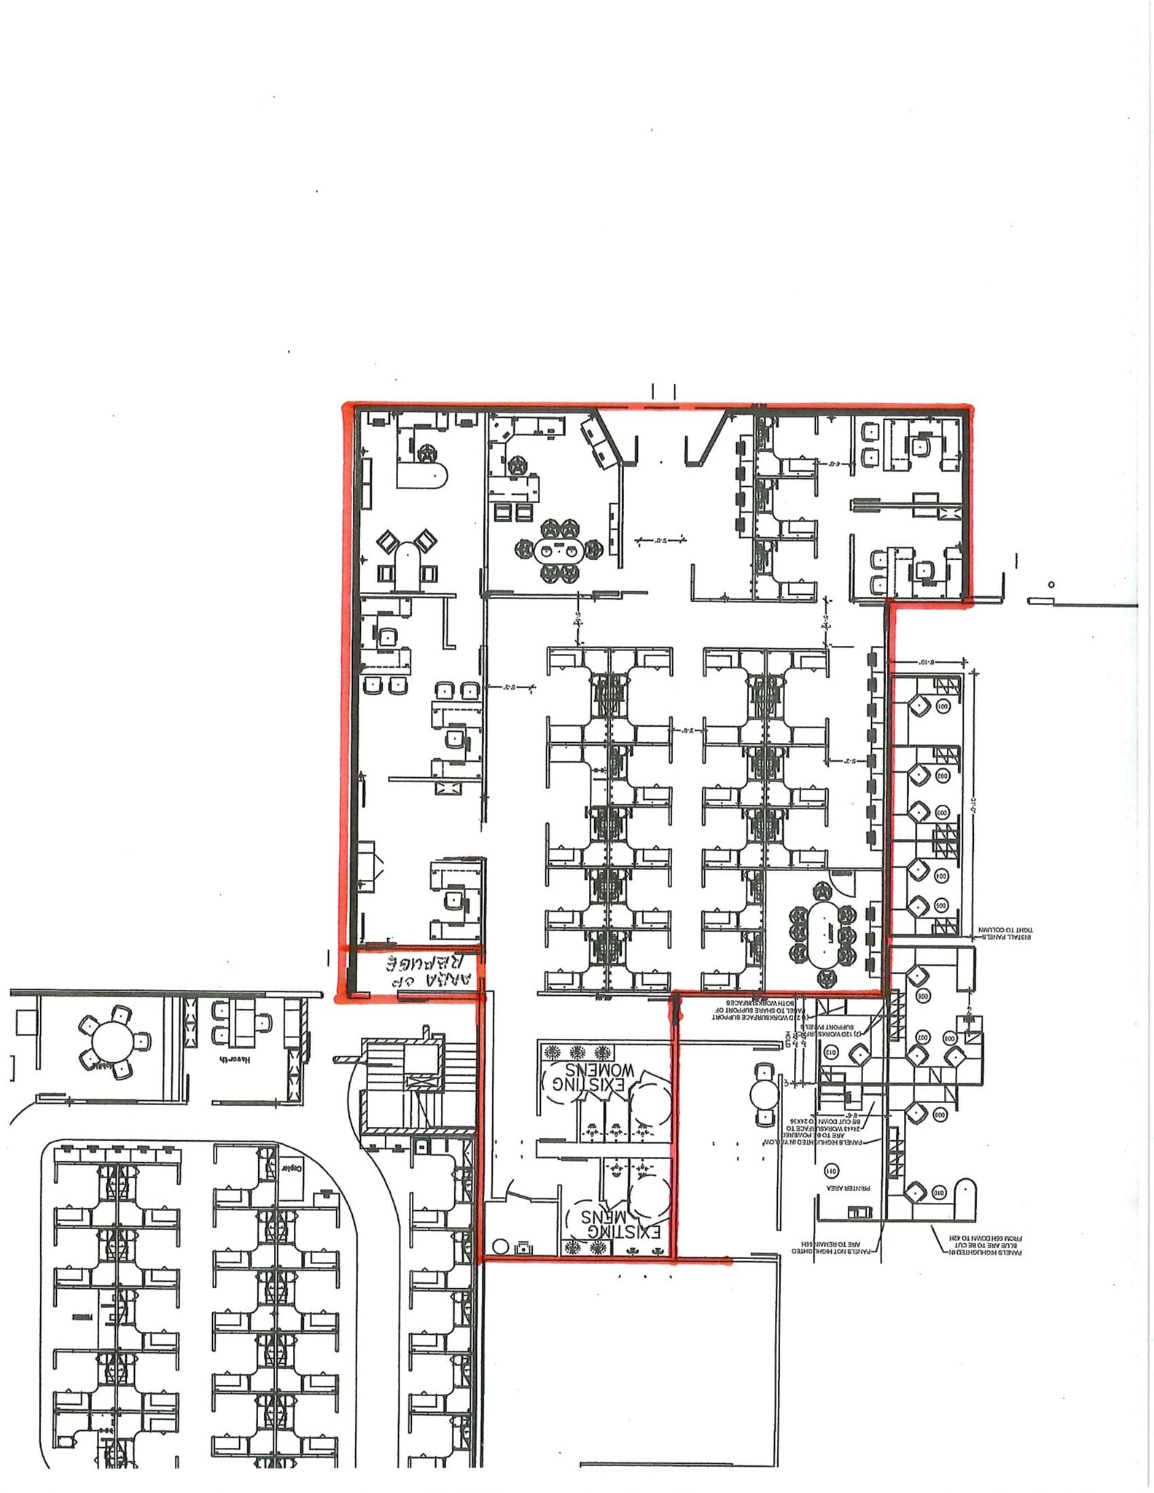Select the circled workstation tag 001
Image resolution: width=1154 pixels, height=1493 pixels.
[941, 706]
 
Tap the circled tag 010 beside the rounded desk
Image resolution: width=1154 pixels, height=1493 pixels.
[938, 1194]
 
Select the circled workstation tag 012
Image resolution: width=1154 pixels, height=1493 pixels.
[832, 1051]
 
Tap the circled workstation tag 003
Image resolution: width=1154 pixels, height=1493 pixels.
[941, 811]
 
